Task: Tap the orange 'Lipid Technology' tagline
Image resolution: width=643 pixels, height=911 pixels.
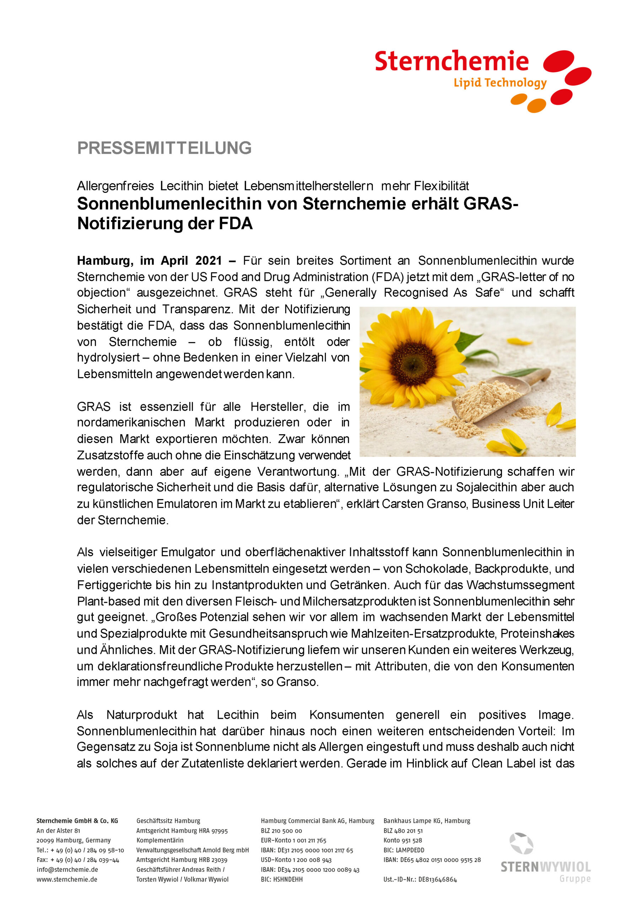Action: [500, 83]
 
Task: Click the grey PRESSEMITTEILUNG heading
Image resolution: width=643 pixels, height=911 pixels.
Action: [164, 148]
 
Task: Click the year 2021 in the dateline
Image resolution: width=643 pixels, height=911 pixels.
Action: [209, 261]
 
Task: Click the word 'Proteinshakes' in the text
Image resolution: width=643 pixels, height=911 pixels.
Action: [537, 633]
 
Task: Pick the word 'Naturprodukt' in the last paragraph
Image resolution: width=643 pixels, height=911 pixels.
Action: [141, 715]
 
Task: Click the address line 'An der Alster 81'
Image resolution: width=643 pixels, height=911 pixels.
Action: [58, 831]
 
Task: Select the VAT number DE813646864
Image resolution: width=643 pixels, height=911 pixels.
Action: [437, 879]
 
